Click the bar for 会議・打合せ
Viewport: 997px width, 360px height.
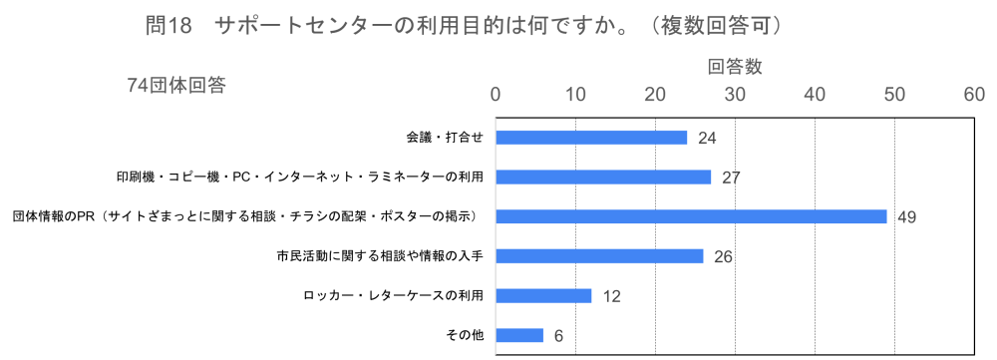(x=591, y=138)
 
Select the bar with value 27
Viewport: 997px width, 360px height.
(x=603, y=178)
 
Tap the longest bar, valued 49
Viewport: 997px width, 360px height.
(x=691, y=216)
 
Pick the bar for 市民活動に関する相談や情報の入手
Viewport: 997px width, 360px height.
(x=599, y=256)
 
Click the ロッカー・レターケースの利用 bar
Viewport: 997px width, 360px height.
(x=543, y=295)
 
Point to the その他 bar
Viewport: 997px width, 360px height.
(x=519, y=335)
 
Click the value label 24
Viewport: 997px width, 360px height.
(x=707, y=138)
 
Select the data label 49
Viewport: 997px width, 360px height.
(x=906, y=216)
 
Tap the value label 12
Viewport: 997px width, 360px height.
(x=611, y=296)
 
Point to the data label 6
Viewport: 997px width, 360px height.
(x=558, y=336)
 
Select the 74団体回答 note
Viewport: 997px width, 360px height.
(x=176, y=86)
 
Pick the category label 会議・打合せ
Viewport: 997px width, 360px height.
(x=444, y=138)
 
